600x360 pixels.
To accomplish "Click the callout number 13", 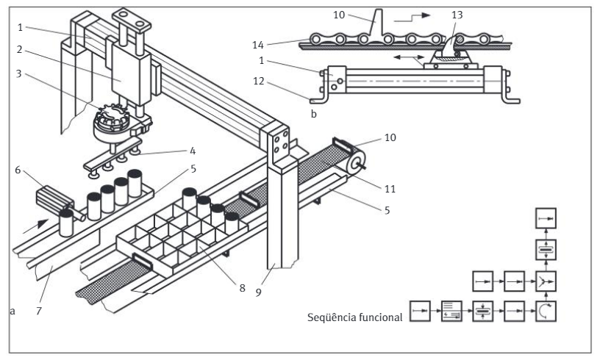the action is point(457,15).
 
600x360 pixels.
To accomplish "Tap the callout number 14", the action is point(258,45).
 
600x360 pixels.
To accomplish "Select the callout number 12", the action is point(259,81).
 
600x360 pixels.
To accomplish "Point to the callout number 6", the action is point(18,170).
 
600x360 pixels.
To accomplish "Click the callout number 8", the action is point(242,288).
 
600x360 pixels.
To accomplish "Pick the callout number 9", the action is point(258,292).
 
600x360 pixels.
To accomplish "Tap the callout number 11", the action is point(390,188).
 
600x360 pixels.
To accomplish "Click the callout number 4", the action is point(193,151).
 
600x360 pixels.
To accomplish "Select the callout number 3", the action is point(18,73).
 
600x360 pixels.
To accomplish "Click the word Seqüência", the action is point(332,317).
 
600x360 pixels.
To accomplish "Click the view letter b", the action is point(314,114).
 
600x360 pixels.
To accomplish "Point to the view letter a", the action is point(12,312).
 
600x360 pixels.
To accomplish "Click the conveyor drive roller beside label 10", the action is point(356,162).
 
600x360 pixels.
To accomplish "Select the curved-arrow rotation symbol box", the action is point(546,311).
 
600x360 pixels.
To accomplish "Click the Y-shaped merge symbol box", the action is point(546,281).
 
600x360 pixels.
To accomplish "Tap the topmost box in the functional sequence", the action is point(546,218).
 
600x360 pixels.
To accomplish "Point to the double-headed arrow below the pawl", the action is point(408,58).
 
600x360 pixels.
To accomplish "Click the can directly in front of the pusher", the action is point(66,223).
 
